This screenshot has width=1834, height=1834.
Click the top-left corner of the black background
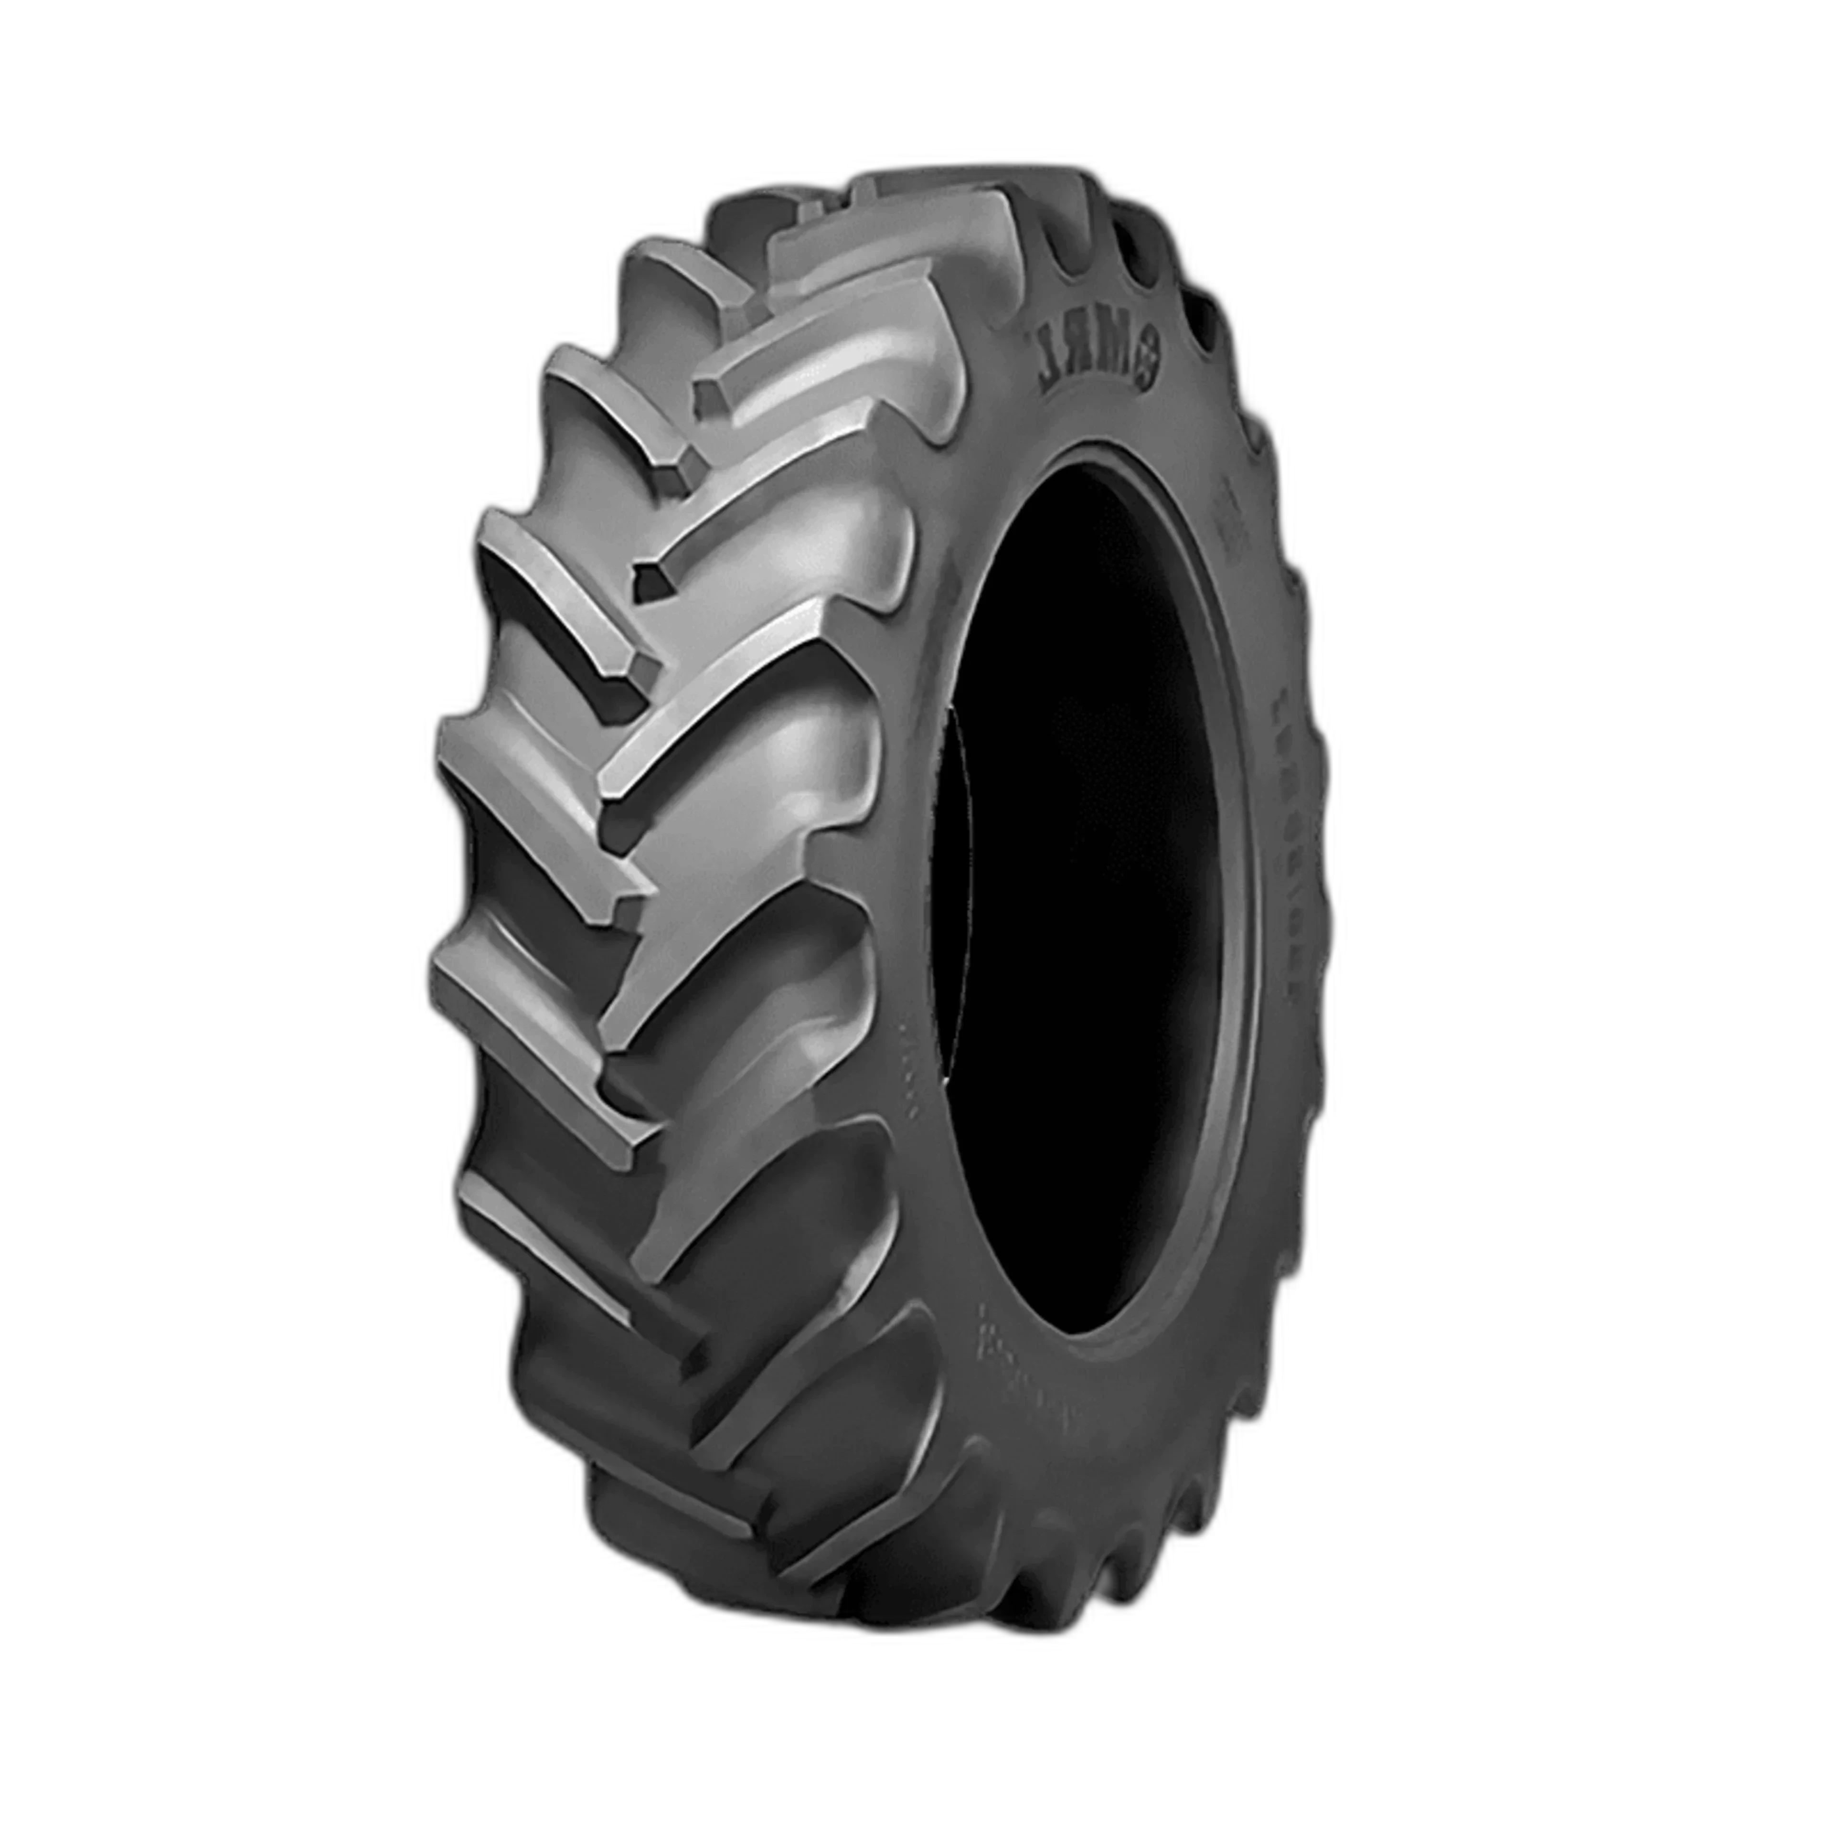pos(5,5)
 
